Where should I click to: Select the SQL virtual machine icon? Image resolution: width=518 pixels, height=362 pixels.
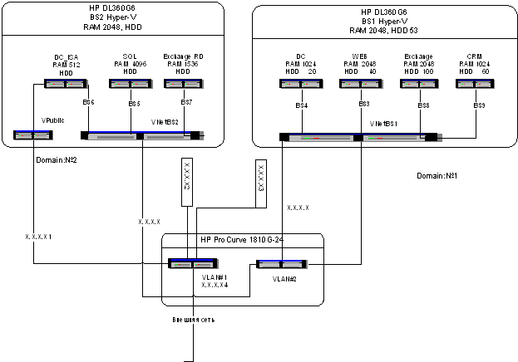pyautogui.click(x=129, y=83)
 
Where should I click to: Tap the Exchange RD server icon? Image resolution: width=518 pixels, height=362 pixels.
pyautogui.click(x=181, y=83)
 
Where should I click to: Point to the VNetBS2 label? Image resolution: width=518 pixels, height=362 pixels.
pyautogui.click(x=164, y=122)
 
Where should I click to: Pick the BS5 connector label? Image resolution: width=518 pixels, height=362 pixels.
pyautogui.click(x=134, y=104)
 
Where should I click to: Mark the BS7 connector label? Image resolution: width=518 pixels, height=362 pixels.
pyautogui.click(x=187, y=104)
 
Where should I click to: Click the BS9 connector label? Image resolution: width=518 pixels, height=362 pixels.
pyautogui.click(x=480, y=105)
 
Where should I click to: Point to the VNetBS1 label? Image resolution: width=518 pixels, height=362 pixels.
pyautogui.click(x=384, y=122)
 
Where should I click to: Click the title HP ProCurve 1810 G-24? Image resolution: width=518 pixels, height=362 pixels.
pyautogui.click(x=240, y=240)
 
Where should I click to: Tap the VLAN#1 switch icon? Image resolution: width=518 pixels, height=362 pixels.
pyautogui.click(x=188, y=264)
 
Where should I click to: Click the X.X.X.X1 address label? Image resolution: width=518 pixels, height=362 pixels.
pyautogui.click(x=39, y=237)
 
